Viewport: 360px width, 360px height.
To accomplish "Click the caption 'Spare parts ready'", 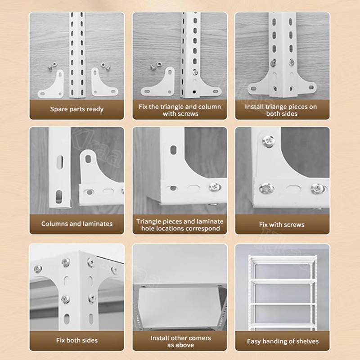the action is click(x=76, y=109).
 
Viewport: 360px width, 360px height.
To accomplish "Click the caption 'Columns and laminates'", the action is click(x=76, y=224).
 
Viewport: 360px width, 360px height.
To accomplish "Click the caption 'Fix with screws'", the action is click(x=282, y=225).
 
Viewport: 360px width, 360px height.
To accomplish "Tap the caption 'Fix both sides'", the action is click(x=76, y=340).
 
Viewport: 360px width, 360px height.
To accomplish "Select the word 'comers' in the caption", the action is click(x=200, y=338).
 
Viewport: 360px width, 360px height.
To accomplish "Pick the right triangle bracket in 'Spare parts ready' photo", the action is click(x=103, y=84).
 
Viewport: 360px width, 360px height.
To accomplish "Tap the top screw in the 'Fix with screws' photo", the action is click(x=268, y=140).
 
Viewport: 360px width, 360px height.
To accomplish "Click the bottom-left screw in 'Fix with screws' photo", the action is click(x=266, y=189).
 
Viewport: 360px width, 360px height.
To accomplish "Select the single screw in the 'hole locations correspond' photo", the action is click(x=215, y=187).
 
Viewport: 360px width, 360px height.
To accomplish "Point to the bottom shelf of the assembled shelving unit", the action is click(x=283, y=325).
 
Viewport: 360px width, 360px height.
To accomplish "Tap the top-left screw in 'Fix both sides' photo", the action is click(x=38, y=269).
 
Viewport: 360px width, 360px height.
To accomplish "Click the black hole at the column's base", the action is click(x=194, y=92).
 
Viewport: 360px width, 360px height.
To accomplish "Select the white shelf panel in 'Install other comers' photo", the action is click(x=178, y=307).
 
